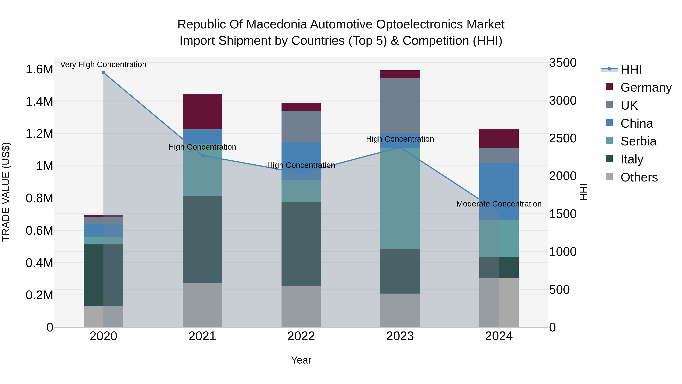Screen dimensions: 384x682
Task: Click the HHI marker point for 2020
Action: click(x=103, y=73)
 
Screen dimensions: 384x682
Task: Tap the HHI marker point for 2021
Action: click(x=202, y=155)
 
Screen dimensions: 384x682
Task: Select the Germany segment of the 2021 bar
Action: click(x=202, y=112)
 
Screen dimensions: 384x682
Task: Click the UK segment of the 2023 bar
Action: click(x=400, y=105)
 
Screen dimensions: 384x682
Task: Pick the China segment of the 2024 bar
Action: click(x=499, y=191)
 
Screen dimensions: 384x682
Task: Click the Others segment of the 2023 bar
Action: click(x=400, y=310)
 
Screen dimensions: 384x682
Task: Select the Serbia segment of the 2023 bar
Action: click(x=400, y=198)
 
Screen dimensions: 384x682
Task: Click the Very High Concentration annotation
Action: click(x=103, y=64)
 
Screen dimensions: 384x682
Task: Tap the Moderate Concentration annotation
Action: click(x=499, y=204)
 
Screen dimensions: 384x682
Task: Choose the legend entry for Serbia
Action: click(x=638, y=141)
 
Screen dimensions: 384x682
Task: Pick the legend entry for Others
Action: click(x=639, y=177)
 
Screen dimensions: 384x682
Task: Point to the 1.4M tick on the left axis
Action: click(x=39, y=101)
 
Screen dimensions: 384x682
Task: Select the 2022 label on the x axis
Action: click(x=301, y=336)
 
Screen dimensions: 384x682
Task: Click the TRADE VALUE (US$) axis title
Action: click(x=6, y=192)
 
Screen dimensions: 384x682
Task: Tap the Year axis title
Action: click(x=301, y=360)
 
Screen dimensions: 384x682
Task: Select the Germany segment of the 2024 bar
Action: click(x=499, y=138)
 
